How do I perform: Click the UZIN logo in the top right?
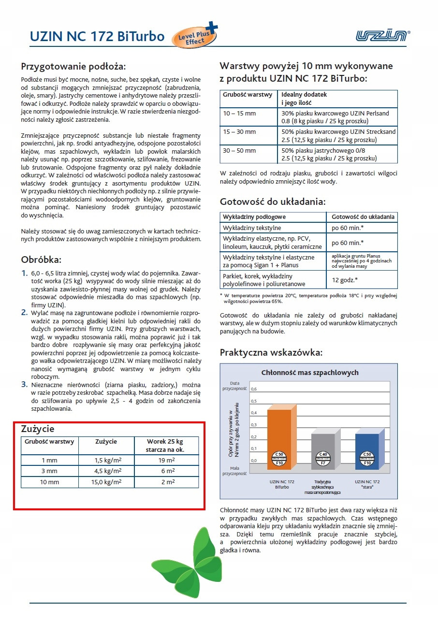click(x=382, y=35)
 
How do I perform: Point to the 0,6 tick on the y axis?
click(x=254, y=389)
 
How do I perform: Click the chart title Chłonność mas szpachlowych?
click(x=310, y=372)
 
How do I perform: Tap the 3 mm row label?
click(x=49, y=471)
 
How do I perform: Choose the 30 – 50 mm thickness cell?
click(x=240, y=150)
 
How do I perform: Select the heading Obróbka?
click(x=41, y=259)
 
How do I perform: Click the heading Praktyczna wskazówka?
click(x=271, y=352)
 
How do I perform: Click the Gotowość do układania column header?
click(x=362, y=217)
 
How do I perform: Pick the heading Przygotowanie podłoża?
click(x=73, y=66)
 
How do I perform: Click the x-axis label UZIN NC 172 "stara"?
click(x=367, y=484)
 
